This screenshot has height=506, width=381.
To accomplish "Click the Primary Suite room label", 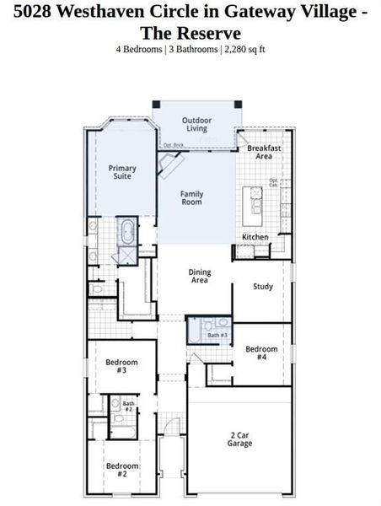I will pos(122,173).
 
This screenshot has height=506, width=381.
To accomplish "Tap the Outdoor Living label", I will pos(196,125).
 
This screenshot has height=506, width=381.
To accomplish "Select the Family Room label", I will pos(192,198).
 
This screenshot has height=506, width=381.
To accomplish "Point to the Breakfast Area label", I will pos(264,152).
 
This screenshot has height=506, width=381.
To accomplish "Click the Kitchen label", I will pos(255,238).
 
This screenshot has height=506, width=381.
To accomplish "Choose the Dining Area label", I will pos(199,277).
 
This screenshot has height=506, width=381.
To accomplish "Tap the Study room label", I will pos(263,287).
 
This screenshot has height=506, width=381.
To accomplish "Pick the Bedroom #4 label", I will pos(261,353).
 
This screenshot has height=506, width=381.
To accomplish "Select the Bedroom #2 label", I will pos(116,470).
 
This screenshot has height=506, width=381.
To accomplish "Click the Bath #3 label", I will pos(217,336).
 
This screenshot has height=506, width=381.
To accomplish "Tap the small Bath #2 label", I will pos(128,406).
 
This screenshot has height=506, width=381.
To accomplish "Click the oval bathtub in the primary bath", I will pos(127,232).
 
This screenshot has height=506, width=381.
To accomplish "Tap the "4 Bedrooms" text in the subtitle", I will pos(138,49).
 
